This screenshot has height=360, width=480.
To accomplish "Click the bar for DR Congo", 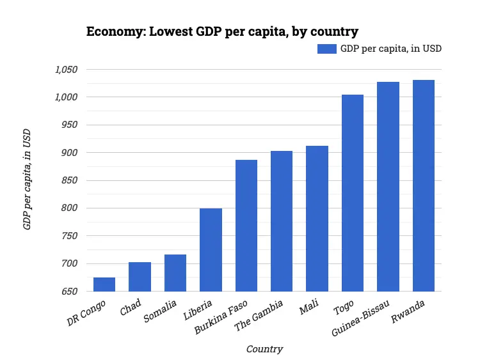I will [104, 285].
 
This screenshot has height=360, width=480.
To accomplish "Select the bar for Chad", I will [140, 277].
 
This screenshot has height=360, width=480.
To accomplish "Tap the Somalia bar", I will [175, 273].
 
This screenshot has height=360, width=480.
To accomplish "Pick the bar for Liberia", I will [211, 250].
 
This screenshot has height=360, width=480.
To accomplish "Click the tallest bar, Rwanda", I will [424, 185].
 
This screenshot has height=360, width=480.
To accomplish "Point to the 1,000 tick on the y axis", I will [66, 97].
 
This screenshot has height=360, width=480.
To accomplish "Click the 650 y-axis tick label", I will [69, 292].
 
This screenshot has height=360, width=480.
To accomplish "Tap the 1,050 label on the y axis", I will [66, 70].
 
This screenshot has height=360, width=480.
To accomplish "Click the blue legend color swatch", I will [326, 49].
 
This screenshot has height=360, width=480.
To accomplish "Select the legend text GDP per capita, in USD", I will [390, 49].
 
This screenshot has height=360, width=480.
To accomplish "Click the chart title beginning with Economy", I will [222, 31].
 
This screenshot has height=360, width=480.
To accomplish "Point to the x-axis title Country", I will [264, 349].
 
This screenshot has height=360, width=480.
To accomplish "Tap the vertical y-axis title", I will [28, 180].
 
